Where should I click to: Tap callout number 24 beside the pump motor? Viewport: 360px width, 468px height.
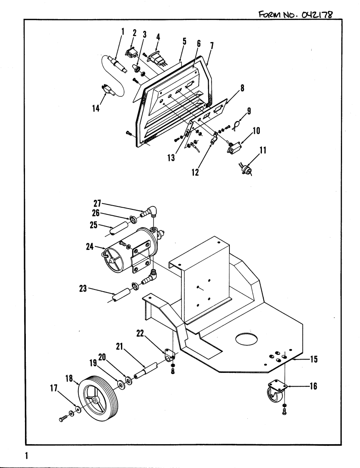point(90,247)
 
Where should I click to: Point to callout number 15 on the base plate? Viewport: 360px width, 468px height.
point(314,359)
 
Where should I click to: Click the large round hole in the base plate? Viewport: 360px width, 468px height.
point(246,339)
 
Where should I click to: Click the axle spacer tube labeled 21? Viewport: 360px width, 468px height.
point(146,370)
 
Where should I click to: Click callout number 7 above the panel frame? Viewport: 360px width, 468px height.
point(211,46)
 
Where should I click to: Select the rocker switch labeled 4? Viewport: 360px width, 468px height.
point(157,59)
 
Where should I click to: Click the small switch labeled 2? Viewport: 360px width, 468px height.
point(131,53)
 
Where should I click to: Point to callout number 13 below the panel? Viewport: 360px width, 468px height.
point(171,158)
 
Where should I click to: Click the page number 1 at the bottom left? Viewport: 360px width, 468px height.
point(26,455)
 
